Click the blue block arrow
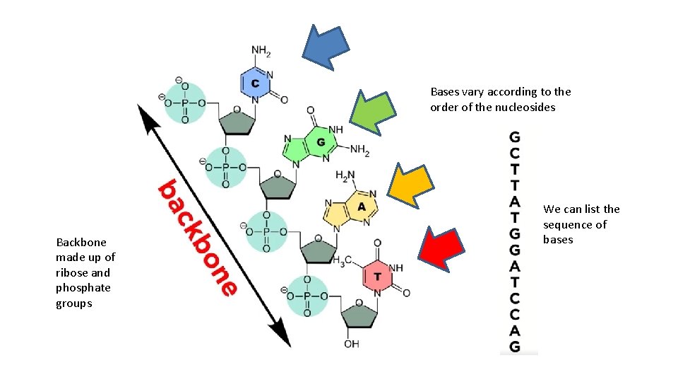click(326, 45)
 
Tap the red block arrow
click(441, 245)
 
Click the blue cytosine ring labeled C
click(255, 83)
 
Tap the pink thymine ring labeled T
click(378, 275)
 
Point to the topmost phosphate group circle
click(184, 103)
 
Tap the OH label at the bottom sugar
click(352, 344)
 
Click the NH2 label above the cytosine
click(261, 52)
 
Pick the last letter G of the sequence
click(515, 347)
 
